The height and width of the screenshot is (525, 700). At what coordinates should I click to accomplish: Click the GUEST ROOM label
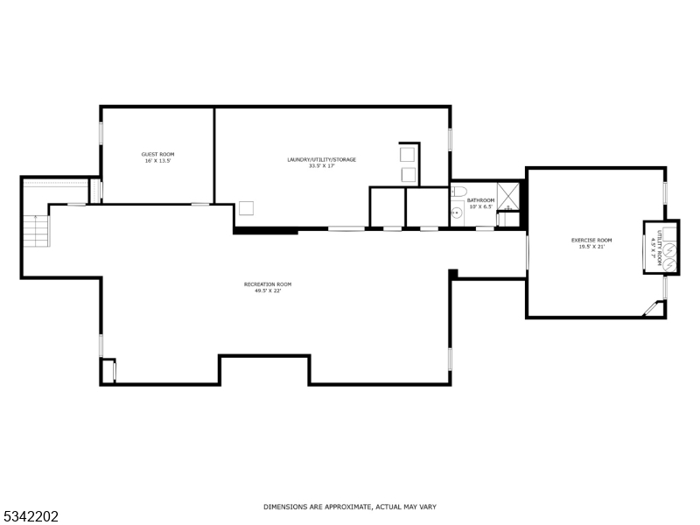pyautogui.click(x=157, y=154)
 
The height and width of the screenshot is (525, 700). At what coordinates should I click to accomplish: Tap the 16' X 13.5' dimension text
pyautogui.click(x=157, y=161)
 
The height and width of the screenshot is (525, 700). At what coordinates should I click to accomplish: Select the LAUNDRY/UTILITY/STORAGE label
pyautogui.click(x=321, y=159)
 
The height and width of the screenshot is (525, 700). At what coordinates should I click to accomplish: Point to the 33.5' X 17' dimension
pyautogui.click(x=321, y=166)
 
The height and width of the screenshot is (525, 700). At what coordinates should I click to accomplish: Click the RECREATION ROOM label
pyautogui.click(x=267, y=283)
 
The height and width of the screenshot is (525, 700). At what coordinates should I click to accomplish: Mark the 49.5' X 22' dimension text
pyautogui.click(x=267, y=290)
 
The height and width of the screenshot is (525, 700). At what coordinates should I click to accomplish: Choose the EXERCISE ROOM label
pyautogui.click(x=591, y=240)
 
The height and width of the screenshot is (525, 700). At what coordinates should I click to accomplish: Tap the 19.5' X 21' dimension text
pyautogui.click(x=591, y=247)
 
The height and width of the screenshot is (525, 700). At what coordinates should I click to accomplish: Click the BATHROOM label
pyautogui.click(x=480, y=200)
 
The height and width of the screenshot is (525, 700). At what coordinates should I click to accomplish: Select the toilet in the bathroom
pyautogui.click(x=460, y=192)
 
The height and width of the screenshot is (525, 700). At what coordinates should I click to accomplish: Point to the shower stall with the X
pyautogui.click(x=509, y=193)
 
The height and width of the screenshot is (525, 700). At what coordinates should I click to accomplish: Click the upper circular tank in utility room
pyautogui.click(x=669, y=250)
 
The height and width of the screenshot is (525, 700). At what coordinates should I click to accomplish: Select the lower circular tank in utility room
pyautogui.click(x=669, y=261)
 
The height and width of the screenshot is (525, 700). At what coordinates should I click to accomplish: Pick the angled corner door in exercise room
pyautogui.click(x=652, y=308)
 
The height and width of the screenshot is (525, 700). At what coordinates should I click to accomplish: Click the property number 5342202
pyautogui.click(x=31, y=516)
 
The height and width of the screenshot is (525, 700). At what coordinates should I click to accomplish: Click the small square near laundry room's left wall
pyautogui.click(x=247, y=208)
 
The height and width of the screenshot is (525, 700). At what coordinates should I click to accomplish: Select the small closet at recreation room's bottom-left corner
pyautogui.click(x=107, y=371)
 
